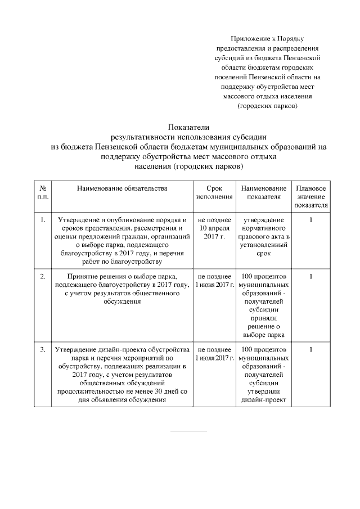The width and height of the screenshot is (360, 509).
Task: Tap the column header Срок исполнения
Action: click(214, 192)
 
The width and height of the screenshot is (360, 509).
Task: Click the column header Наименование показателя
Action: click(263, 192)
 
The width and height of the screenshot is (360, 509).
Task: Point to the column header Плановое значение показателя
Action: click(310, 196)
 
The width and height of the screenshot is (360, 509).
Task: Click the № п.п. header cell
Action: click(43, 192)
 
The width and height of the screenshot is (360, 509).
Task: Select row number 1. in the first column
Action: click(43, 219)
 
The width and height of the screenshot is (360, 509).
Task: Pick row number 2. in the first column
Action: click(43, 276)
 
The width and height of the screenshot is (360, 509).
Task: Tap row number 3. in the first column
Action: click(43, 350)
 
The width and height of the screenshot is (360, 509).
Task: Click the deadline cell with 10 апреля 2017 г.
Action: click(214, 228)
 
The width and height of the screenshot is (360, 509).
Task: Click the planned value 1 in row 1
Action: click(310, 219)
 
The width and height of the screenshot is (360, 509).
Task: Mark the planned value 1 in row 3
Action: click(310, 350)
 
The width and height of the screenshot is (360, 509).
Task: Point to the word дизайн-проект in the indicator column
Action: click(263, 400)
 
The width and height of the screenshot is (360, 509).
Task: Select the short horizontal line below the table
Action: click(188, 431)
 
